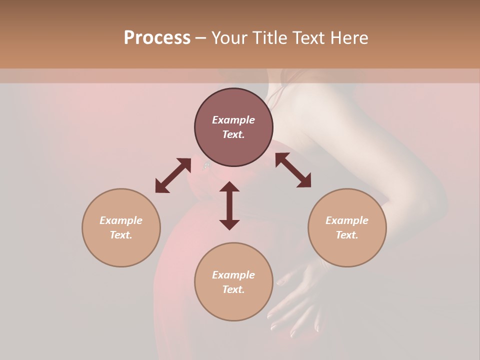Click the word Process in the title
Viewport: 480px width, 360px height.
[157, 38]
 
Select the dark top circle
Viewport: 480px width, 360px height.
[233, 127]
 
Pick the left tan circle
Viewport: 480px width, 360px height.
[121, 227]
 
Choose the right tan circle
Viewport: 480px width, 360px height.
[347, 227]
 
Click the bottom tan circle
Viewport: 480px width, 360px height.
[233, 282]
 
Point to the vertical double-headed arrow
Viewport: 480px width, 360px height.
[229, 205]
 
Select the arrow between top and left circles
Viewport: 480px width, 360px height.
[173, 175]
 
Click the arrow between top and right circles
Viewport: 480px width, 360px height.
[293, 170]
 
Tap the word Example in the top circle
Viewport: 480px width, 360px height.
[233, 120]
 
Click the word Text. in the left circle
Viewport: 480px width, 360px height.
[121, 235]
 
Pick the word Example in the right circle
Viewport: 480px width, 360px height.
[347, 220]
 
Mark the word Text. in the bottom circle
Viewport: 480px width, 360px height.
[233, 289]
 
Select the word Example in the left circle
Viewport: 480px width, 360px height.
[121, 220]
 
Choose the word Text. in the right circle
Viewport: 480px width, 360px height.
[347, 235]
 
